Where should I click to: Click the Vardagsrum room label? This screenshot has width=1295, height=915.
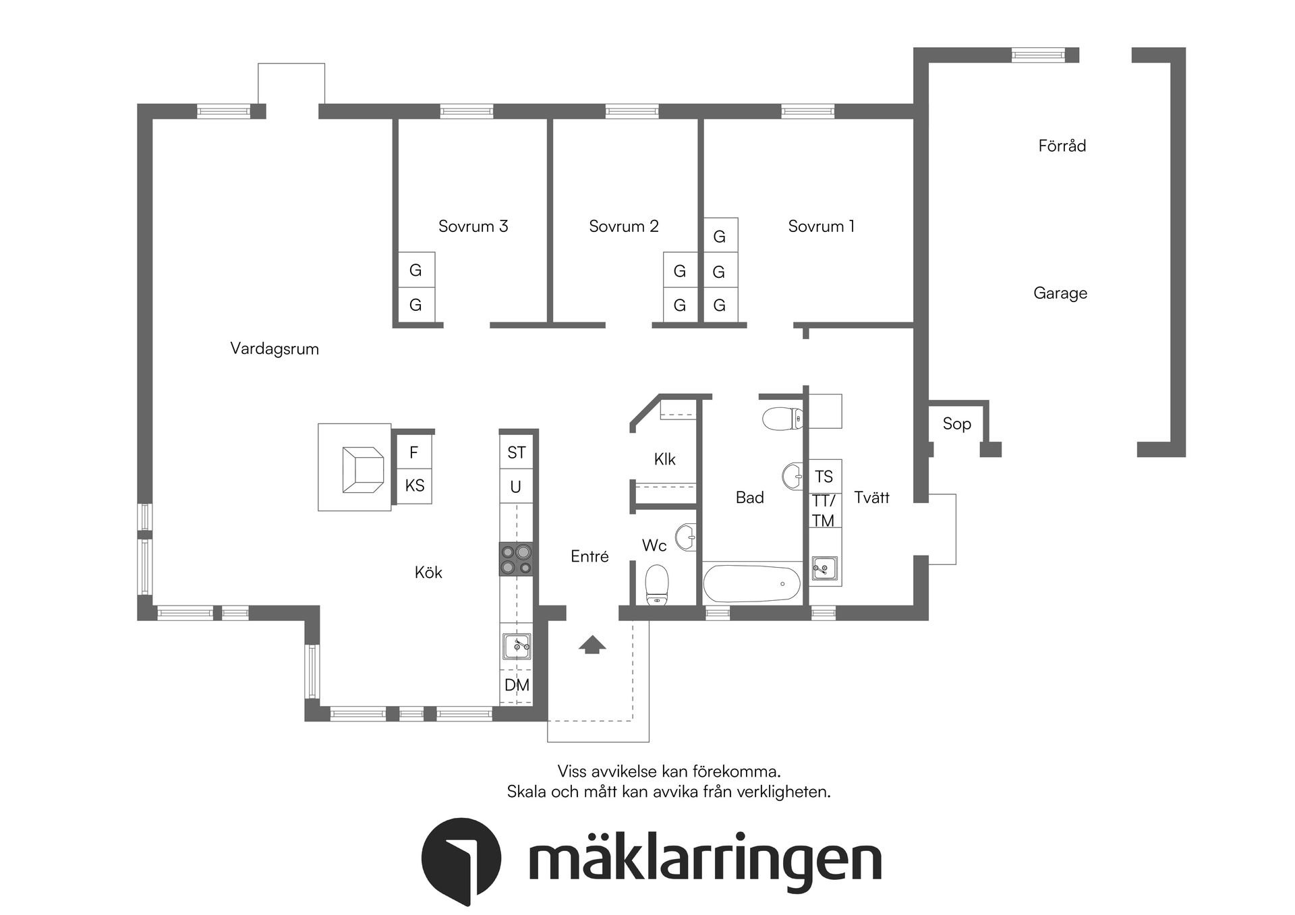274,349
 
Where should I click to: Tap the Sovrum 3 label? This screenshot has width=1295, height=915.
473,226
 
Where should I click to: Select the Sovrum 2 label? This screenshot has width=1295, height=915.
623,226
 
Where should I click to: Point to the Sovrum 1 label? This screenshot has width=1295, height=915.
821,226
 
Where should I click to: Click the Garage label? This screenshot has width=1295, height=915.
1060,293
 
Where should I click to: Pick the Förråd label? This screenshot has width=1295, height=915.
1062,146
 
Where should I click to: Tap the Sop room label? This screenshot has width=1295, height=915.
956,423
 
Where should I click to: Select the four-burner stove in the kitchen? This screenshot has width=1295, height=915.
516,559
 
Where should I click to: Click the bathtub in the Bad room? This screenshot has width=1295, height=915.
751,583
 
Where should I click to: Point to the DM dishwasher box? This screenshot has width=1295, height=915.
517,685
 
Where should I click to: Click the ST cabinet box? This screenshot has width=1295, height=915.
516,452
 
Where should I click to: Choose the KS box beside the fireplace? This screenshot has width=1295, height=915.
414,485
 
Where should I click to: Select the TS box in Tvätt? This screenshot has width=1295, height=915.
824,477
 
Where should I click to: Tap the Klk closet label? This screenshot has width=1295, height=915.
664,459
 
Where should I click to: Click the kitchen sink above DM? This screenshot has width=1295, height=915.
517,647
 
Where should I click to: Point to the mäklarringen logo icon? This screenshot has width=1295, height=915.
461,860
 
